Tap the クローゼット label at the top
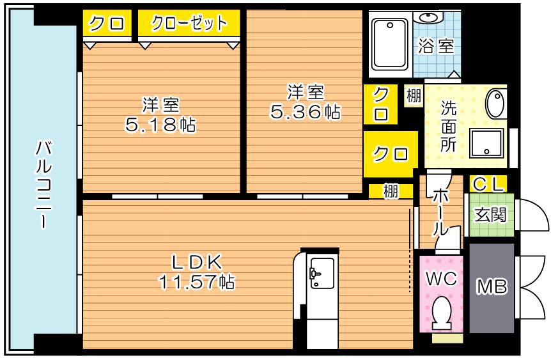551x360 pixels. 189,24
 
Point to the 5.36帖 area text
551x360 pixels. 304,113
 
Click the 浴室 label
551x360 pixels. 436,46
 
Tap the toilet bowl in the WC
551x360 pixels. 440,314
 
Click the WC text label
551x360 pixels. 440,279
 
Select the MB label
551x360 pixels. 492,288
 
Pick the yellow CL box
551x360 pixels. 489,184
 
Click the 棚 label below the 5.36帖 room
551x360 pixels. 391,191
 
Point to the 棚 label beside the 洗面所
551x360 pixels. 414,97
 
